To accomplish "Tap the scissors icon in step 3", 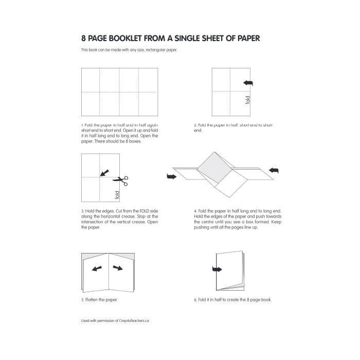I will point(121,180).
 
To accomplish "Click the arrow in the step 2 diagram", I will point(248,83).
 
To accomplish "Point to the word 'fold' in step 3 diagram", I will point(117,195).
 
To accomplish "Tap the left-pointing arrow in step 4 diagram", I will point(274,170).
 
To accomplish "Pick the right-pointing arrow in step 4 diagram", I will point(171,177).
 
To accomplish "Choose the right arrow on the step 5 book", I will point(118,267).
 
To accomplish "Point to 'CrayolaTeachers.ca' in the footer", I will point(133,320).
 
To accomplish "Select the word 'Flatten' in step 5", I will point(93,299).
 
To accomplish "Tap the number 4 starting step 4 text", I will point(195,211).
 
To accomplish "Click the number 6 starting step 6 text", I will point(195,299).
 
